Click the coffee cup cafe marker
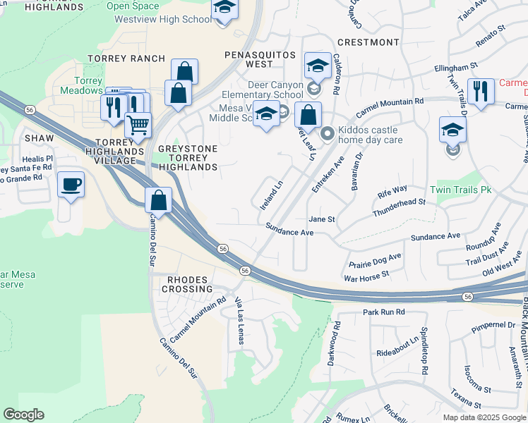[x=71, y=185]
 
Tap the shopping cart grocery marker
[x=138, y=125]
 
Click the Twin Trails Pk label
[x=460, y=190]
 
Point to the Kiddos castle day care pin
[x=327, y=133]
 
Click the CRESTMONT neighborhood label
[x=368, y=42]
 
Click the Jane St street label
[x=321, y=219]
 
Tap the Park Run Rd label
[x=384, y=311]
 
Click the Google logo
[x=23, y=415]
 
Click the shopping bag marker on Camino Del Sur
[x=159, y=200]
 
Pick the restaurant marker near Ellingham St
[x=480, y=91]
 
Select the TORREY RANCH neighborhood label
[x=126, y=59]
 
